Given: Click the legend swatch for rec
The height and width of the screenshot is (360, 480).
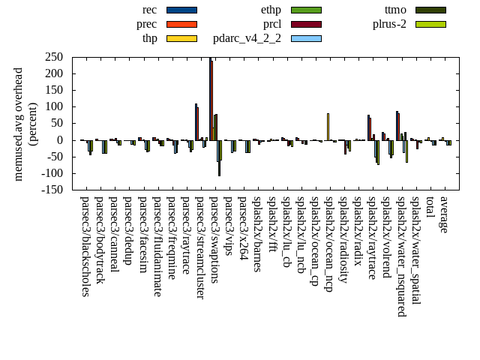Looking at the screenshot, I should click(181, 10).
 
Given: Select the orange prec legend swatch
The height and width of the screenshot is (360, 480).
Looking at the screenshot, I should click(181, 24).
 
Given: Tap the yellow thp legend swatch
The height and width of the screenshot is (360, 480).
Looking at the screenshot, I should click(181, 38).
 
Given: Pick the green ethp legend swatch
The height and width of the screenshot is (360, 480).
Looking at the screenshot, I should click(306, 10).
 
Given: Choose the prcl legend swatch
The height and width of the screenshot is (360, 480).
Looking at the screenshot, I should click(306, 24).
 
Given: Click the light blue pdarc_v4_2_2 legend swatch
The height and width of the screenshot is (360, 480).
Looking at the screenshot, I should click(306, 38).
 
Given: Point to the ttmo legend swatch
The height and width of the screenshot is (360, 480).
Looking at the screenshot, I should click(430, 10).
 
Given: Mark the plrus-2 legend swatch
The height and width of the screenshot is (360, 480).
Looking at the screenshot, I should click(430, 24).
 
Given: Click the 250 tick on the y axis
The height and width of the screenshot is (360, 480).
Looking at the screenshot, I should click(53, 57).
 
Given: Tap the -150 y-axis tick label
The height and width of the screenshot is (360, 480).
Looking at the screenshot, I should click(51, 190).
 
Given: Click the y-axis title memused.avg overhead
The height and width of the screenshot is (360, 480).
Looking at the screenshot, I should click(19, 124).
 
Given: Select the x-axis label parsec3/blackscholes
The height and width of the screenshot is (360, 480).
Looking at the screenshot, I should click(85, 246).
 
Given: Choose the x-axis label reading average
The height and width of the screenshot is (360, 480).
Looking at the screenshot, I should click(444, 214).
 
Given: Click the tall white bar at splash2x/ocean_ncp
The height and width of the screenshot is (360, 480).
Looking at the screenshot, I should click(328, 127).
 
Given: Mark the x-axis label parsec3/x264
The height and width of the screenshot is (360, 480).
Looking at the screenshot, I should click(242, 228).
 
